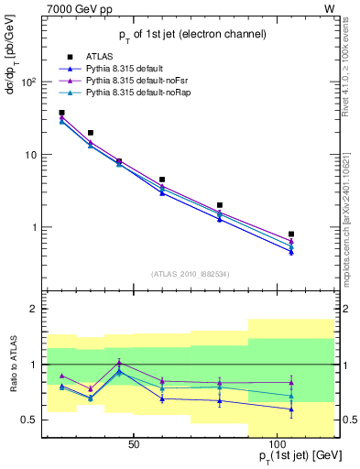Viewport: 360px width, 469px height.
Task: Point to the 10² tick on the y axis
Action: (29, 82)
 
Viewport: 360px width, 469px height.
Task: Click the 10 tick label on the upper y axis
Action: (31, 155)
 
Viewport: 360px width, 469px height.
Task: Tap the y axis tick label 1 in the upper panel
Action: (34, 227)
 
